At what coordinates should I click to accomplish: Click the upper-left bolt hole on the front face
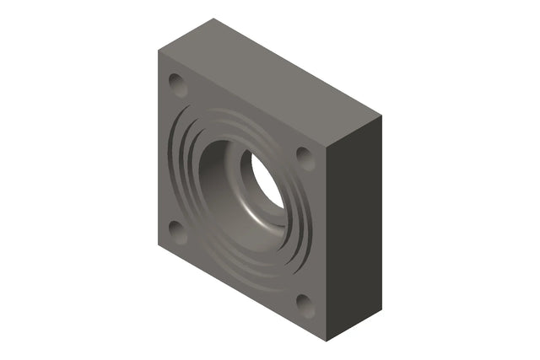[x=177, y=84]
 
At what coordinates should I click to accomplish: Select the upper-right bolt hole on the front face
[x=305, y=157]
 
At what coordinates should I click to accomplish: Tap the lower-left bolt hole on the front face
[x=177, y=231]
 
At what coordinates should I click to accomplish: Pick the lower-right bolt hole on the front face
[x=305, y=305]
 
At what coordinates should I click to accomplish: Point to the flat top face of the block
[x=270, y=80]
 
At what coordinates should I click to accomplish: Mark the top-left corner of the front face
[x=159, y=49]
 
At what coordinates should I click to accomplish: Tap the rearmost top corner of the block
[x=213, y=19]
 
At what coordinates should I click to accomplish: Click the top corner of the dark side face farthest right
[x=381, y=116]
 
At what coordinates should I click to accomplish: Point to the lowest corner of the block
[x=326, y=341]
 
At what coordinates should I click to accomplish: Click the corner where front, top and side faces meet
[x=326, y=145]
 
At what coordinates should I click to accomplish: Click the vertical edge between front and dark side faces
[x=326, y=244]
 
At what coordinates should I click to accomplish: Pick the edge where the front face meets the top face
[x=242, y=97]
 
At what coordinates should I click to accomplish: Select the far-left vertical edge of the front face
[x=159, y=148]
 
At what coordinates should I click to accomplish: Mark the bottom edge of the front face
[x=242, y=294]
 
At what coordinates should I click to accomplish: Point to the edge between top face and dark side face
[x=354, y=130]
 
